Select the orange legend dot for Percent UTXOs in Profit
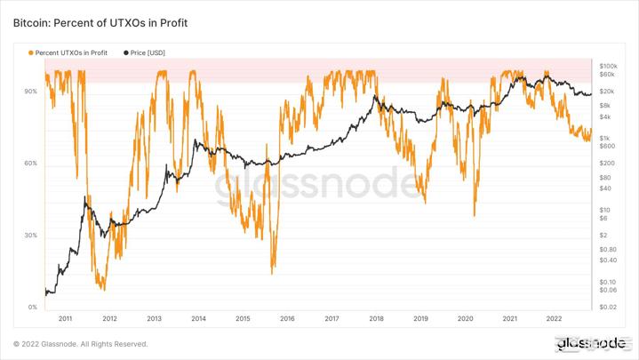point(31,52)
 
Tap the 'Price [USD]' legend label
point(148,52)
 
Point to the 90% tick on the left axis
point(30,92)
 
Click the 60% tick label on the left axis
point(30,164)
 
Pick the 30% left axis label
point(30,236)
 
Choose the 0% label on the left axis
point(32,308)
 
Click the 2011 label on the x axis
point(65,318)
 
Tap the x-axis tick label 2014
point(198,318)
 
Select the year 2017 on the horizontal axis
point(331,318)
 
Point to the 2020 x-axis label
point(465,318)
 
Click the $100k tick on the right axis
point(609,66)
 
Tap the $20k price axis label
point(608,92)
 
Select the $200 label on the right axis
point(608,164)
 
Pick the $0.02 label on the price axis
point(609,308)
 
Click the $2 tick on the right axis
point(603,236)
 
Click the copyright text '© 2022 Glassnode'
point(80,344)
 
